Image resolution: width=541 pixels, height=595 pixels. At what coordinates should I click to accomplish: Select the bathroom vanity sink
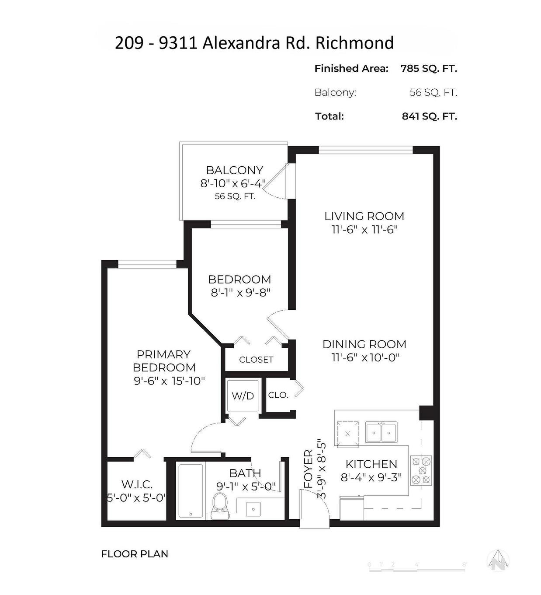tap(253, 508)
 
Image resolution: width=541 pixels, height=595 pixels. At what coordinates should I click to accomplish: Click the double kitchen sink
tap(381, 433)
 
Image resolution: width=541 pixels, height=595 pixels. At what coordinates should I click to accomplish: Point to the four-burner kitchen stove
tap(421, 470)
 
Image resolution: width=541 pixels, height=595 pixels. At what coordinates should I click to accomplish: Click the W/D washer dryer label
tap(243, 396)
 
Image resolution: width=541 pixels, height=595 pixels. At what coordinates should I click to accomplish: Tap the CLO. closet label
tap(278, 395)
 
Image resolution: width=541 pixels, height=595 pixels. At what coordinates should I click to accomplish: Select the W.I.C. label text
tap(137, 484)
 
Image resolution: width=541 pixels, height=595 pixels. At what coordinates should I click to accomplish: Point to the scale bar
tap(417, 566)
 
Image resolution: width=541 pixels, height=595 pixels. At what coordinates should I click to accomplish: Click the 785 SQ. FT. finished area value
tap(428, 68)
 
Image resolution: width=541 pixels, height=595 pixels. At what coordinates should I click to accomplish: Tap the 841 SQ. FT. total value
tap(429, 116)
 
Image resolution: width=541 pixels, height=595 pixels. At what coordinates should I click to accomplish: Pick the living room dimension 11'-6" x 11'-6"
tap(364, 229)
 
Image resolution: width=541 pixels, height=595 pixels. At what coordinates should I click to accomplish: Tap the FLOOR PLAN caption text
tap(135, 554)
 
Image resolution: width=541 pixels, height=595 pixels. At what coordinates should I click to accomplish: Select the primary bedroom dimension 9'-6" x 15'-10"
tap(169, 381)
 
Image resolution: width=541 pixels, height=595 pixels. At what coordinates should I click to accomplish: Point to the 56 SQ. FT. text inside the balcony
tap(235, 196)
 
